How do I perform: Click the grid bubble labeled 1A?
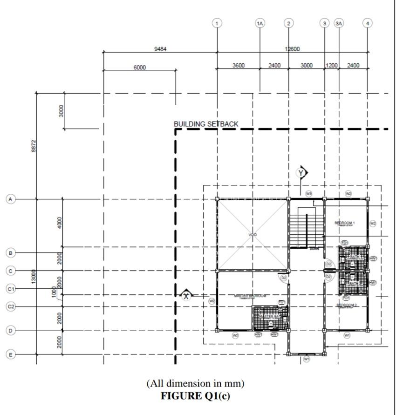click(x=260, y=23)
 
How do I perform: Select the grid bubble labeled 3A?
click(x=339, y=23)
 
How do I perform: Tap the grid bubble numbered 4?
click(x=368, y=23)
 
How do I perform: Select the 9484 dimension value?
click(x=160, y=49)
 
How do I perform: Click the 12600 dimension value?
click(x=292, y=49)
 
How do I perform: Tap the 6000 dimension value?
click(x=139, y=67)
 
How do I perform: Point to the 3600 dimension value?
click(x=239, y=66)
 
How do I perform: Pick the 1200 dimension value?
click(x=331, y=66)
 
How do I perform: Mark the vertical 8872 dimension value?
click(x=33, y=145)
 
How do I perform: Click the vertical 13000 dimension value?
click(x=33, y=277)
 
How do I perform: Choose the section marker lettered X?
click(x=186, y=295)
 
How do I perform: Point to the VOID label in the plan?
click(x=253, y=234)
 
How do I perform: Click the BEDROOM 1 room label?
click(x=345, y=223)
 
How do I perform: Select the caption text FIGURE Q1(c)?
click(x=195, y=396)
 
